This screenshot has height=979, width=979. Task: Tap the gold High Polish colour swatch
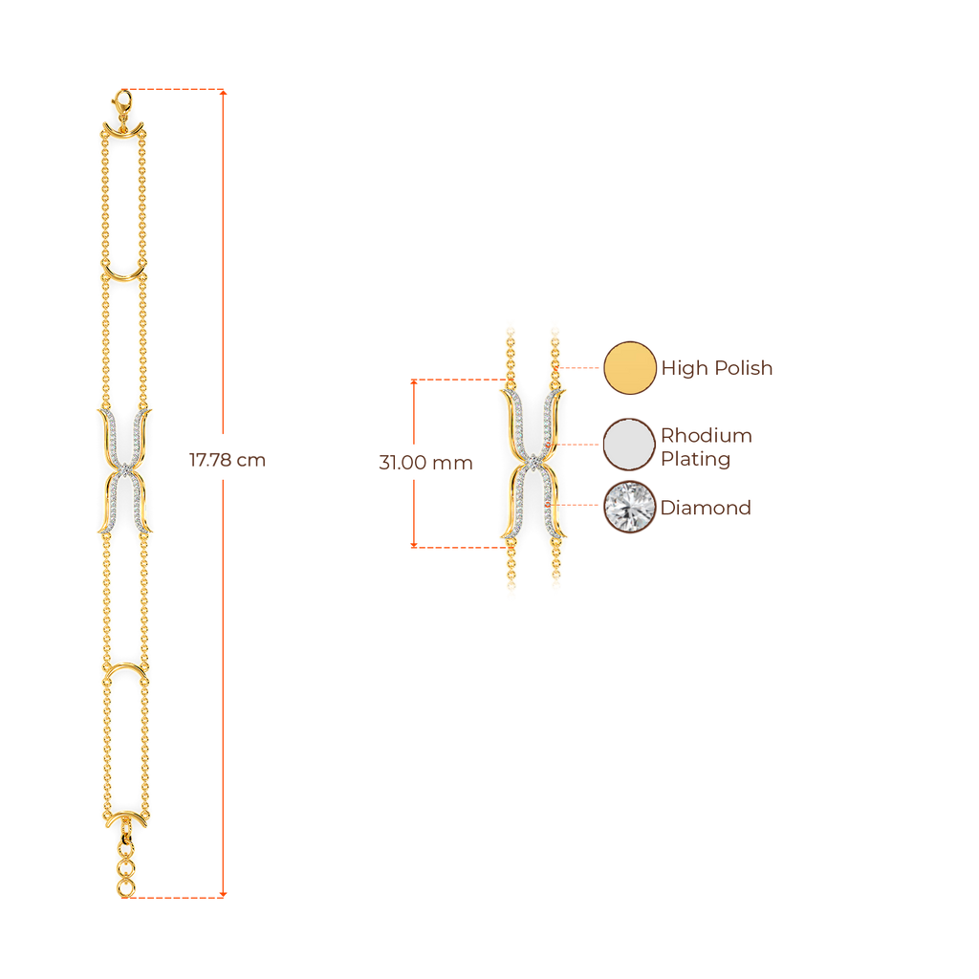click(629, 367)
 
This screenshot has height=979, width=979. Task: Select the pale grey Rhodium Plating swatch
click(629, 445)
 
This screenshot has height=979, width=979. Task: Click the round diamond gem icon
click(629, 508)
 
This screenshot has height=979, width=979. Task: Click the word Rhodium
click(707, 437)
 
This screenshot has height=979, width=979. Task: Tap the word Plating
click(696, 460)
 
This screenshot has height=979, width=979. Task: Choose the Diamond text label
click(706, 509)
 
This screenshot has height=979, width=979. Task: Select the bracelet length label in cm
click(228, 461)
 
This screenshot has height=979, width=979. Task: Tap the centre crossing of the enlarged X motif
click(532, 463)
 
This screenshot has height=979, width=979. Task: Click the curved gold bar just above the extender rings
click(124, 820)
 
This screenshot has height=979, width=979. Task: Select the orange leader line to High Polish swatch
click(581, 367)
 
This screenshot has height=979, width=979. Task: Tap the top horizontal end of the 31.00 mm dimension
click(457, 381)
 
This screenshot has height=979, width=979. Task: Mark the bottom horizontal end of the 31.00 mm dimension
click(457, 546)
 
